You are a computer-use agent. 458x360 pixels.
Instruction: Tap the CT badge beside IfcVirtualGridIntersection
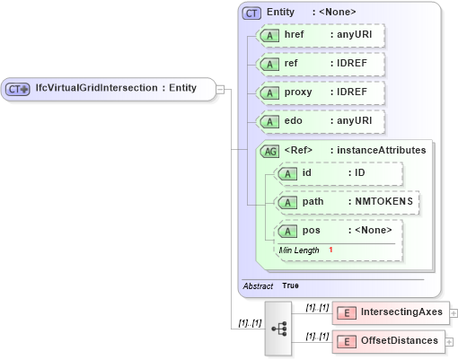pyautogui.click(x=18, y=89)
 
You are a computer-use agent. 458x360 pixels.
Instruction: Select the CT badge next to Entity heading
pyautogui.click(x=251, y=13)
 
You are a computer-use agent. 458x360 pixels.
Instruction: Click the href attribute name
pyautogui.click(x=294, y=35)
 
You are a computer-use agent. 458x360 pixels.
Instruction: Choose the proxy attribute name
pyautogui.click(x=297, y=93)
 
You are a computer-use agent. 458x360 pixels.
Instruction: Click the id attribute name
pyautogui.click(x=306, y=172)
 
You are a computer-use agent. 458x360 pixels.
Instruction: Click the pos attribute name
pyautogui.click(x=311, y=231)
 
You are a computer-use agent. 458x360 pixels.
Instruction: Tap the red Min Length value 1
pyautogui.click(x=330, y=250)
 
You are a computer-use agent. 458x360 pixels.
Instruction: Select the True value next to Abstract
pyautogui.click(x=291, y=285)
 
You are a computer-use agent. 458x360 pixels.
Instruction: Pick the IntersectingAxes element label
pyautogui.click(x=401, y=312)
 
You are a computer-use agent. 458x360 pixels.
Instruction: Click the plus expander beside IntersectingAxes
pyautogui.click(x=454, y=313)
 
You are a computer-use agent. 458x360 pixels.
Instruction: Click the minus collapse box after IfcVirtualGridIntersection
pyautogui.click(x=221, y=89)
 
